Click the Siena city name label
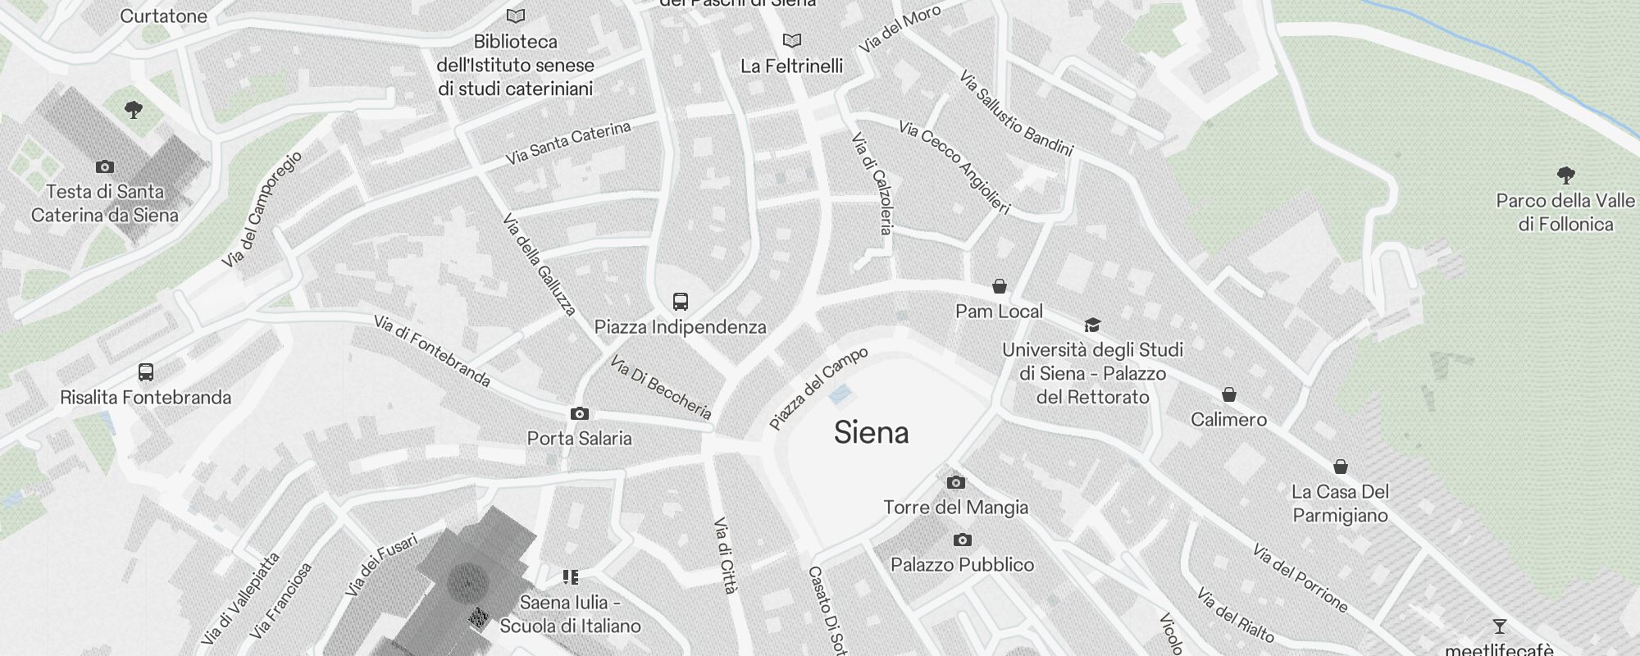[871, 432]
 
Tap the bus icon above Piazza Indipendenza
[680, 301]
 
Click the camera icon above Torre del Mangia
[955, 482]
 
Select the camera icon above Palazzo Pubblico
[962, 540]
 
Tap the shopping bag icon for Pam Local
[999, 286]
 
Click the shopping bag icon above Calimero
[1228, 394]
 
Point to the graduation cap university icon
[1091, 325]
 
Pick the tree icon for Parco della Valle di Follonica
[1565, 175]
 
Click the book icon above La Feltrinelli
[791, 40]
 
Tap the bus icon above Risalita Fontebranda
[146, 372]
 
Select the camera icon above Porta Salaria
[579, 413]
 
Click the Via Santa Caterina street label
[567, 143]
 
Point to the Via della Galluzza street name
[539, 264]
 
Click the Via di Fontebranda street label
[431, 351]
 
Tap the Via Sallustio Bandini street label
[1015, 113]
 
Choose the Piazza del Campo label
[818, 389]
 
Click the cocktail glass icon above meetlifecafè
[1499, 626]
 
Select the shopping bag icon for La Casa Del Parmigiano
[1340, 467]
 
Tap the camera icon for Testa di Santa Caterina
[104, 166]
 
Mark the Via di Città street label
[725, 555]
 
